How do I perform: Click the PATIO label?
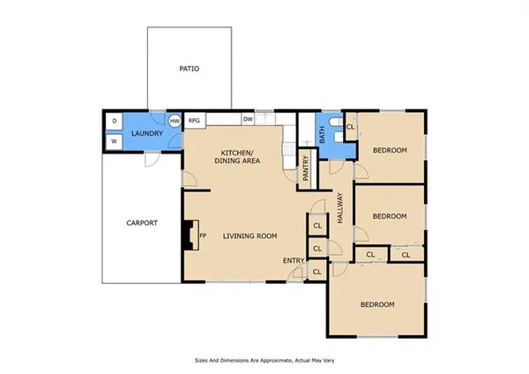click(x=190, y=68)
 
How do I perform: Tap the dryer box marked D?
click(x=115, y=121)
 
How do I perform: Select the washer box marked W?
click(x=115, y=141)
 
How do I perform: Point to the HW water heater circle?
click(x=175, y=121)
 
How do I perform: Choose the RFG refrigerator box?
click(x=195, y=121)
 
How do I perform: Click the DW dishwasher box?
click(x=249, y=120)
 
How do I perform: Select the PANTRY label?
click(x=306, y=168)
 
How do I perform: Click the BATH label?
click(x=323, y=136)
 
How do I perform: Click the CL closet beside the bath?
click(x=350, y=127)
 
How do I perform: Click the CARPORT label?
click(x=141, y=223)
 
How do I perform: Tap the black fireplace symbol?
click(x=188, y=236)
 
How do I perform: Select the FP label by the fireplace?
click(x=203, y=236)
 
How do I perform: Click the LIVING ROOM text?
click(x=250, y=236)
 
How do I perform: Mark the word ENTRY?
click(x=293, y=260)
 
